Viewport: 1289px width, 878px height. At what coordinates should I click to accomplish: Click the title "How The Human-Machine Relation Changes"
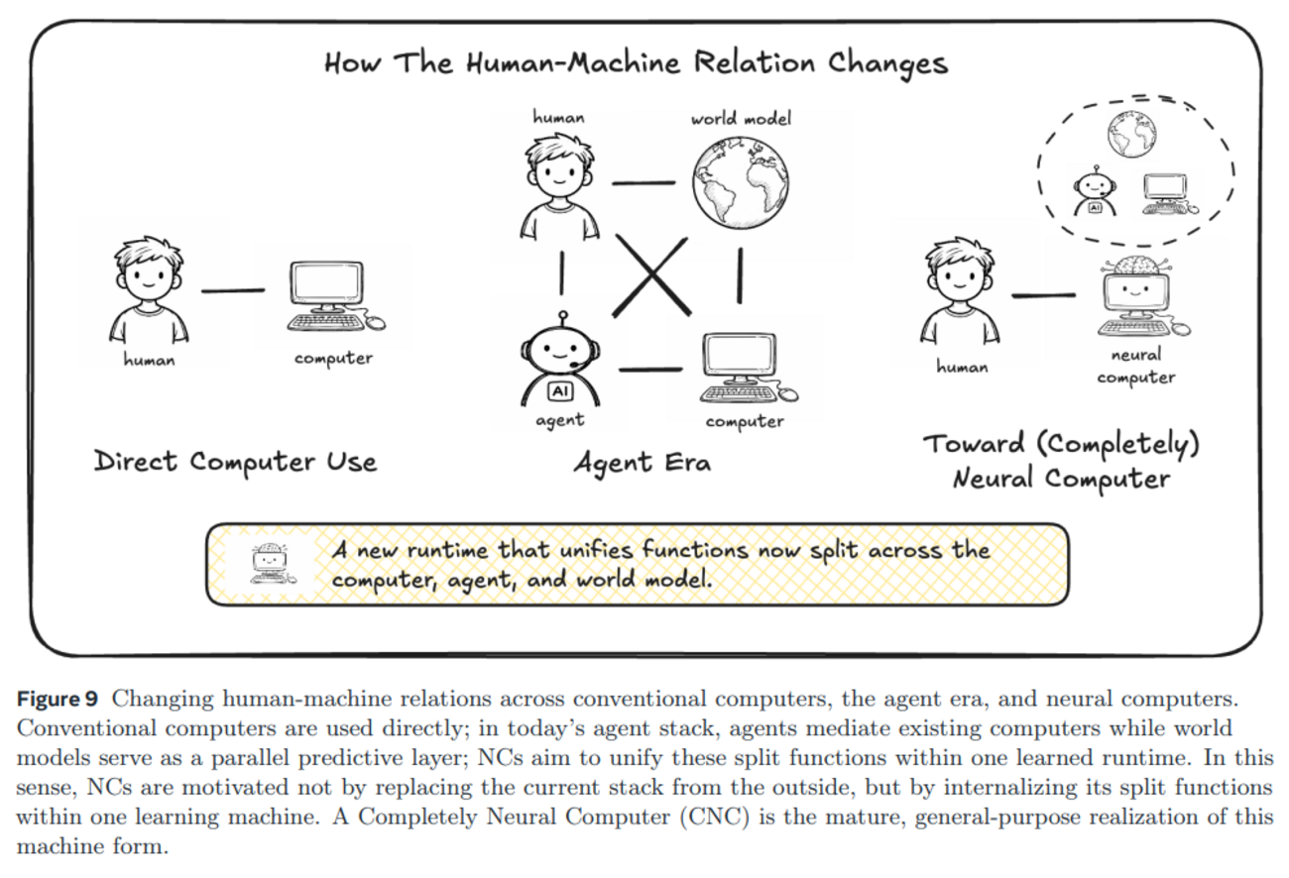pos(636,64)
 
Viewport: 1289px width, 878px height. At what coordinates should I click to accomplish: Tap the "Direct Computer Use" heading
pos(235,462)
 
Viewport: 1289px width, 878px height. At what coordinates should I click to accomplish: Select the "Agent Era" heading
pos(642,462)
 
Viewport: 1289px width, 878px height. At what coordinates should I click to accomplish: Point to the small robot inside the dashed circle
pos(1095,191)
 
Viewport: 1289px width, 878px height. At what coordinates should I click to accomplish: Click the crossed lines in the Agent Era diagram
pos(651,274)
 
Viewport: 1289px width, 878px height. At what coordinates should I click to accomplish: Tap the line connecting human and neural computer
pos(1043,294)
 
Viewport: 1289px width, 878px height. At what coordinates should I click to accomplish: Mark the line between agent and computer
pos(650,370)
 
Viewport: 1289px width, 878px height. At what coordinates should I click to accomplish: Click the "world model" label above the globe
pos(742,119)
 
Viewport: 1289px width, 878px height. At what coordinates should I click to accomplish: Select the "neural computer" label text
pos(1136,366)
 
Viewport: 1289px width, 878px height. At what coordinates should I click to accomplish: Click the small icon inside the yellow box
pos(269,563)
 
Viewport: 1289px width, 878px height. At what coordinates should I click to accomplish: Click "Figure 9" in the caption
pos(58,698)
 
